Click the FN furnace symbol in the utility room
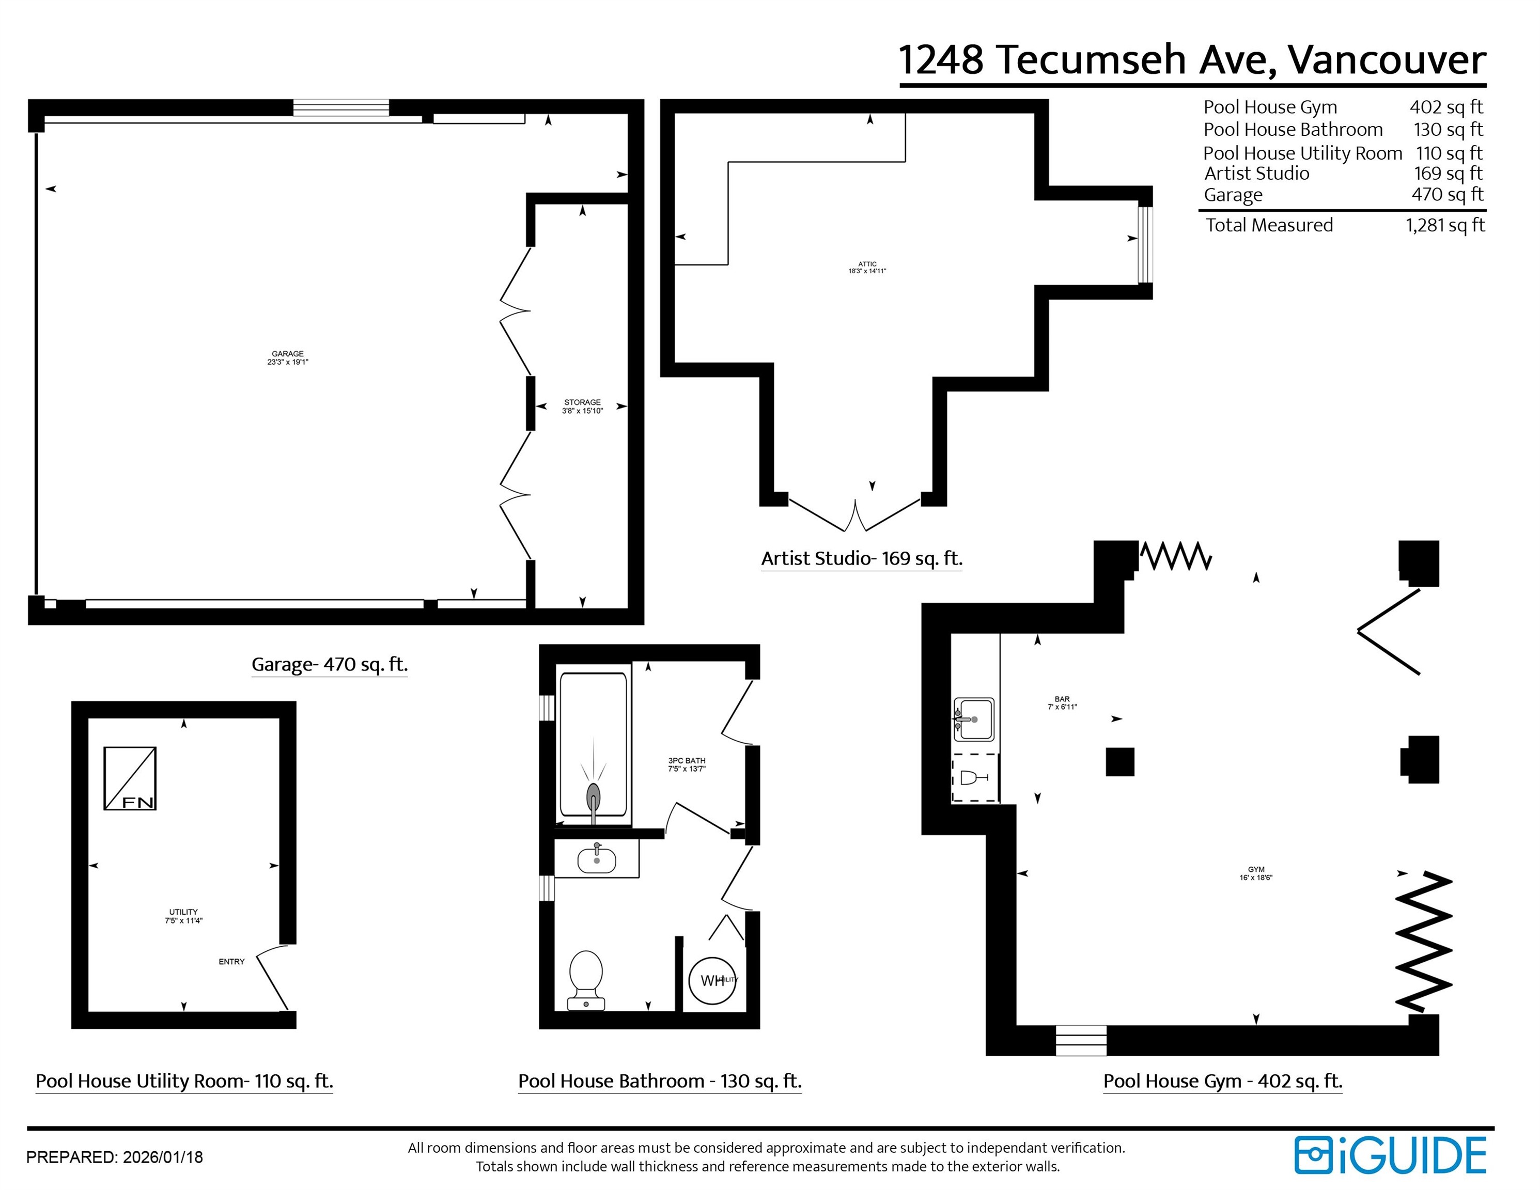pyautogui.click(x=130, y=778)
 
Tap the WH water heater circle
pyautogui.click(x=712, y=980)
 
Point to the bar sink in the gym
pyautogui.click(x=973, y=719)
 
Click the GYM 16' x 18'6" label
pyautogui.click(x=1256, y=873)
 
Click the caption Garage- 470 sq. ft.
pyautogui.click(x=329, y=664)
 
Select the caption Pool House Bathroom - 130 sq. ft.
pyautogui.click(x=659, y=1081)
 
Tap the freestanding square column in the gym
pyautogui.click(x=1120, y=761)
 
